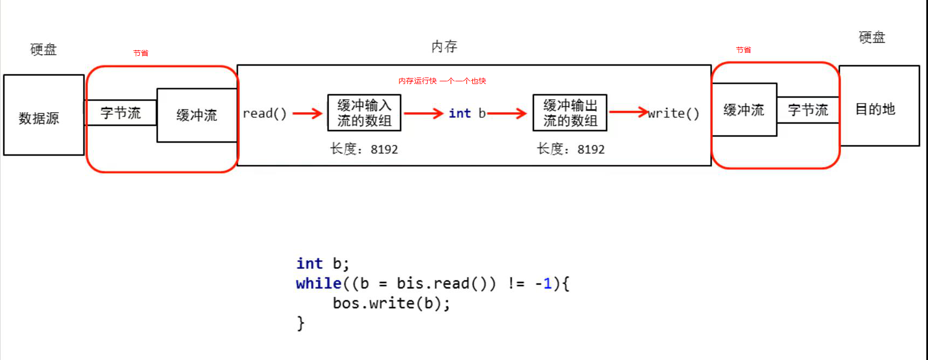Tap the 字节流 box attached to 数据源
[x=120, y=113]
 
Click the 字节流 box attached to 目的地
[x=808, y=110]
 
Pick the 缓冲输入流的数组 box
[x=364, y=113]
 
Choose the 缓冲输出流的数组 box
[x=570, y=113]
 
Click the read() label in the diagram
[x=265, y=113]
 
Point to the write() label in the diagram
[x=674, y=113]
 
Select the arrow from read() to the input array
[x=307, y=113]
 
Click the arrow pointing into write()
[x=628, y=112]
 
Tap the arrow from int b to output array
[x=507, y=113]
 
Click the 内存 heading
[x=444, y=47]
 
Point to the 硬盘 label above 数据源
[x=43, y=49]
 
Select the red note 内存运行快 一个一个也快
[x=442, y=81]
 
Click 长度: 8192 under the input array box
[x=364, y=149]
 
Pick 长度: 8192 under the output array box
[x=570, y=149]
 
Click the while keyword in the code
[x=318, y=284]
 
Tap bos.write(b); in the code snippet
[x=391, y=303]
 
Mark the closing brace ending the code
[x=300, y=323]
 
